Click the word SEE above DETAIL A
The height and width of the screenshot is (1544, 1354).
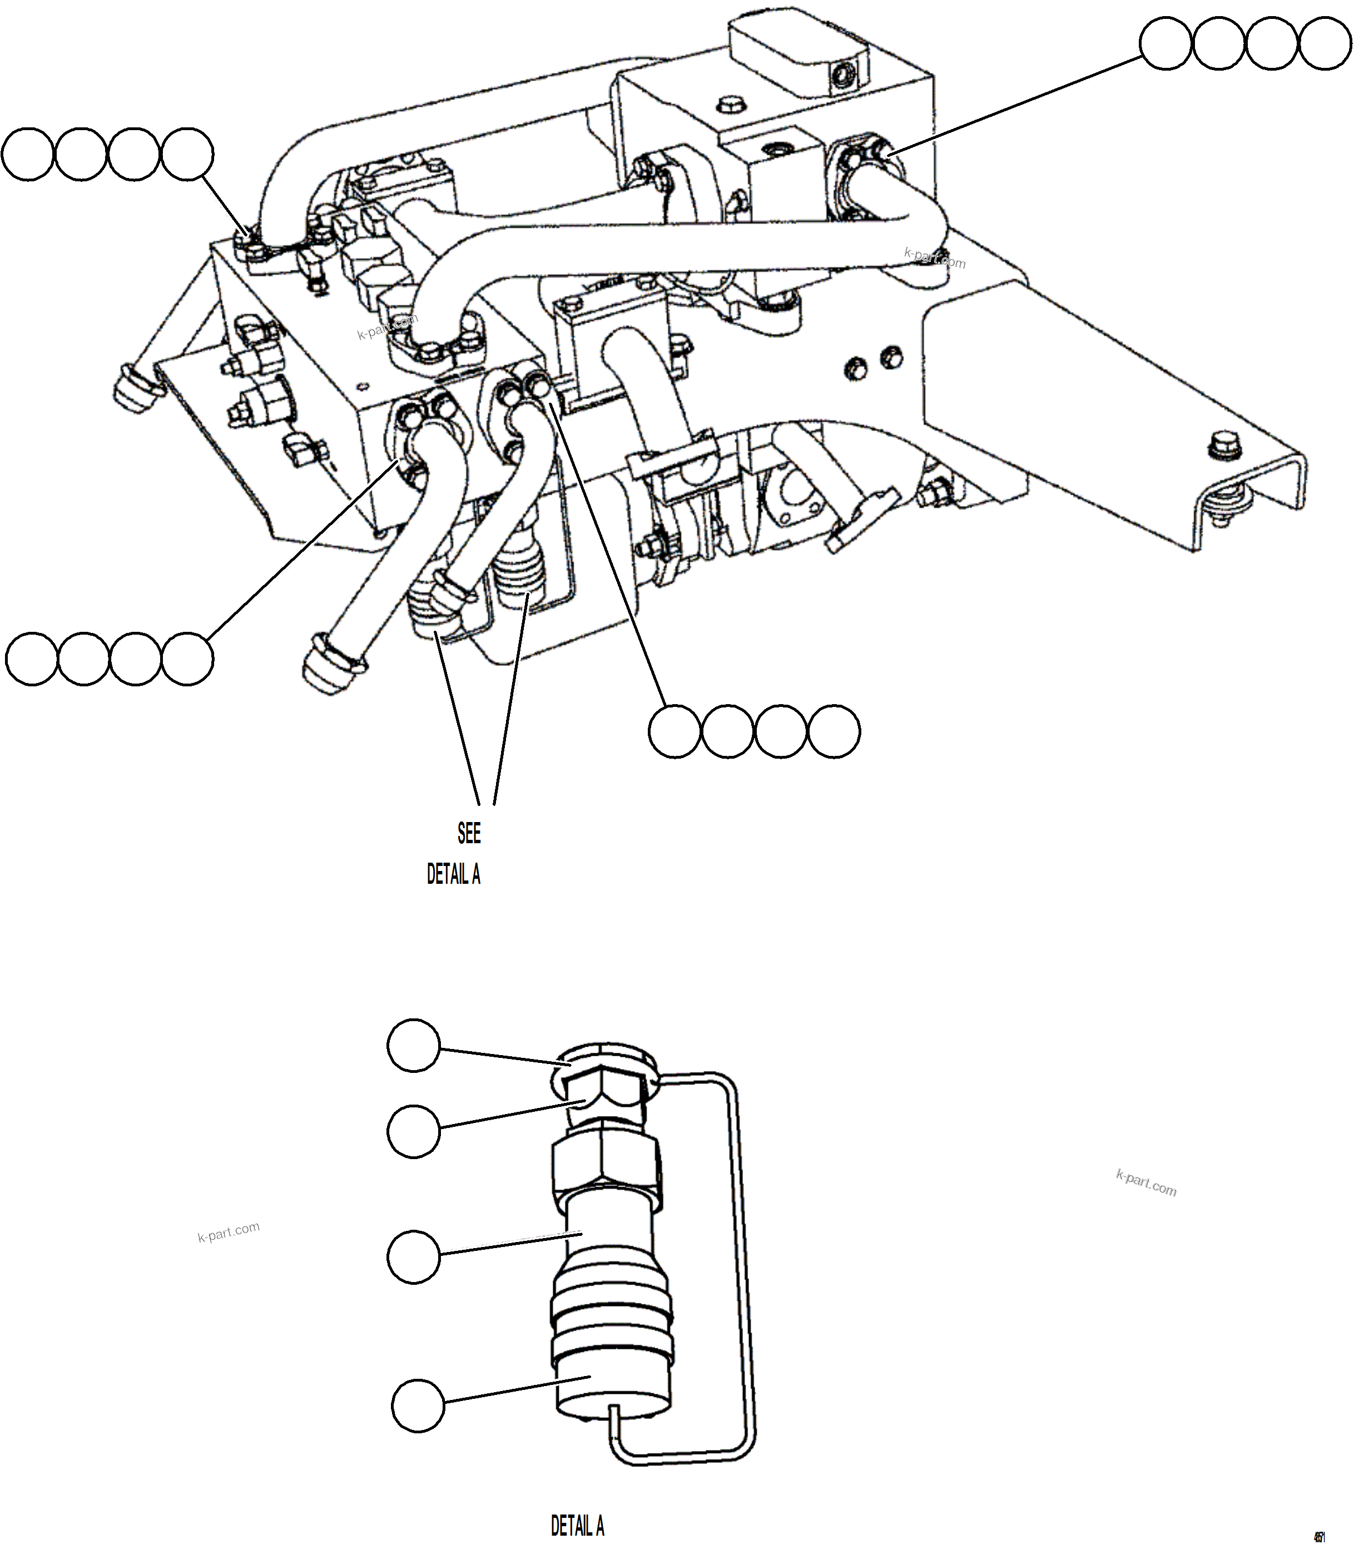468,833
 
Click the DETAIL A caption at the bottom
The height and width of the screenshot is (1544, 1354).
577,1525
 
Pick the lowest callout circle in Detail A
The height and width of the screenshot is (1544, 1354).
418,1405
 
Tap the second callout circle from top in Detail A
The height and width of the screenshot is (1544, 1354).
413,1131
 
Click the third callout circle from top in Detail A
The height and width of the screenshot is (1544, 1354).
413,1256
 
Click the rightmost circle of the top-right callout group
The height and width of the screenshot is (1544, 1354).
1325,44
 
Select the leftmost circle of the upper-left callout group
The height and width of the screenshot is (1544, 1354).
28,154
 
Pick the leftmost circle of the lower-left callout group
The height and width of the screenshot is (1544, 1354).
32,660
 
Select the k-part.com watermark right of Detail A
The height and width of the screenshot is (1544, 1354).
1145,1183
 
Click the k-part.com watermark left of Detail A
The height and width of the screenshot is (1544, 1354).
228,1232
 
